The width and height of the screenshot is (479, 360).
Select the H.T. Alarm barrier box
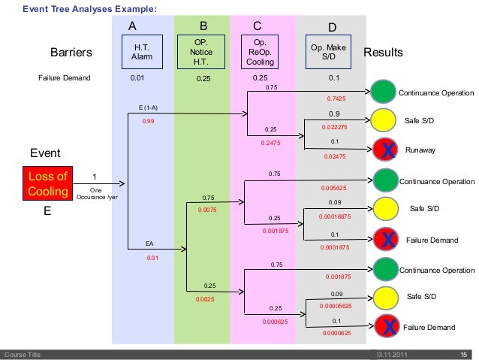pyautogui.click(x=141, y=51)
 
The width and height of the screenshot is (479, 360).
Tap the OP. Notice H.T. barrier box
pyautogui.click(x=200, y=51)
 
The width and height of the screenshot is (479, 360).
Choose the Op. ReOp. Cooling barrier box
pyautogui.click(x=260, y=51)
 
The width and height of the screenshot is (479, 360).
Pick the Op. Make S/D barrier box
pyautogui.click(x=328, y=51)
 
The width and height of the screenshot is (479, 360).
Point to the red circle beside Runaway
pyautogui.click(x=384, y=150)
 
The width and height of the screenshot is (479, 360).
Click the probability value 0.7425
pyautogui.click(x=336, y=98)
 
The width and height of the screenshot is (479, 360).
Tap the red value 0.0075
pyautogui.click(x=207, y=210)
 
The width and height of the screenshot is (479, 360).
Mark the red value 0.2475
pyautogui.click(x=270, y=141)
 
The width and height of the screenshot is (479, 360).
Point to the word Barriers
pyautogui.click(x=71, y=53)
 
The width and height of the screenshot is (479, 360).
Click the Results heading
pyautogui.click(x=383, y=53)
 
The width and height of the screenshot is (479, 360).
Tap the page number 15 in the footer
pyautogui.click(x=463, y=354)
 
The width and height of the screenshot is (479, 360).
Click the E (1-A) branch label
pyautogui.click(x=148, y=108)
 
